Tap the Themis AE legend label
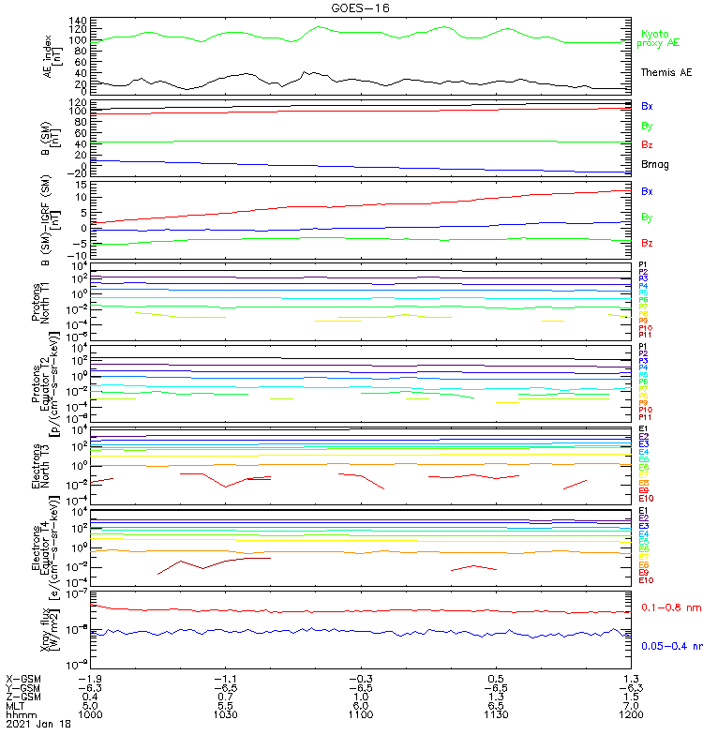pyautogui.click(x=666, y=72)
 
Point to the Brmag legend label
pyautogui.click(x=655, y=164)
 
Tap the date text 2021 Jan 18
pyautogui.click(x=38, y=724)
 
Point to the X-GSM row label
pyautogui.click(x=23, y=678)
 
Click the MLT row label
pyautogui.click(x=16, y=705)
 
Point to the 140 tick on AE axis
pyautogui.click(x=78, y=21)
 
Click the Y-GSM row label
pyautogui.click(x=23, y=687)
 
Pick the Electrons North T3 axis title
pyautogui.click(x=46, y=466)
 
